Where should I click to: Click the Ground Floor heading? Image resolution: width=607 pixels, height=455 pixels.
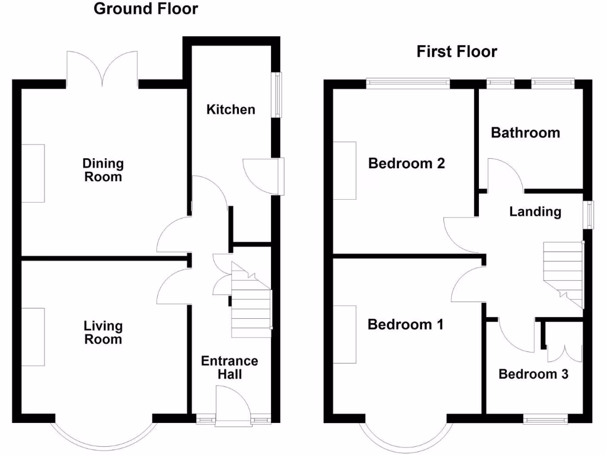click(x=146, y=9)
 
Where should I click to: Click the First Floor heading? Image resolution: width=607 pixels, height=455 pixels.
click(x=456, y=52)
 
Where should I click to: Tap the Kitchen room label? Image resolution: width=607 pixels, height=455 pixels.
click(x=231, y=110)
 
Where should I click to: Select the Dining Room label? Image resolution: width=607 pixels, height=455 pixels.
click(x=103, y=170)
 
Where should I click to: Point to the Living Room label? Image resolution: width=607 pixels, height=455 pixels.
click(x=103, y=332)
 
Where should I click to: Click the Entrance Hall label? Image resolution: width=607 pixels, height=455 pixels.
click(x=229, y=367)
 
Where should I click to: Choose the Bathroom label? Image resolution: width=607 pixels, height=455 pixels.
click(x=525, y=133)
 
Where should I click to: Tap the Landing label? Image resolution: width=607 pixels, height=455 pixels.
click(x=535, y=212)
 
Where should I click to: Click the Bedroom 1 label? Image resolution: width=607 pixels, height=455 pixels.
click(x=405, y=325)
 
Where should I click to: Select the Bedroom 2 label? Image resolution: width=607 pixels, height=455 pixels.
click(x=406, y=164)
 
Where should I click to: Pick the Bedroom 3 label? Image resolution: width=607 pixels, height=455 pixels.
click(x=533, y=374)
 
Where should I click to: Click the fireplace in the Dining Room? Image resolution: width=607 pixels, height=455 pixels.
click(x=33, y=173)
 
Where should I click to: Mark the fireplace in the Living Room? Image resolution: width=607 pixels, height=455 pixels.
click(x=33, y=337)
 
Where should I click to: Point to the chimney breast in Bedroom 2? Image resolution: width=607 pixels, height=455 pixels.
click(x=345, y=171)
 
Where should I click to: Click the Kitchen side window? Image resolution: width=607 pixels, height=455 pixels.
click(x=276, y=95)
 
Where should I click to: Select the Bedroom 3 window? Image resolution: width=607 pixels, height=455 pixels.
click(x=545, y=419)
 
